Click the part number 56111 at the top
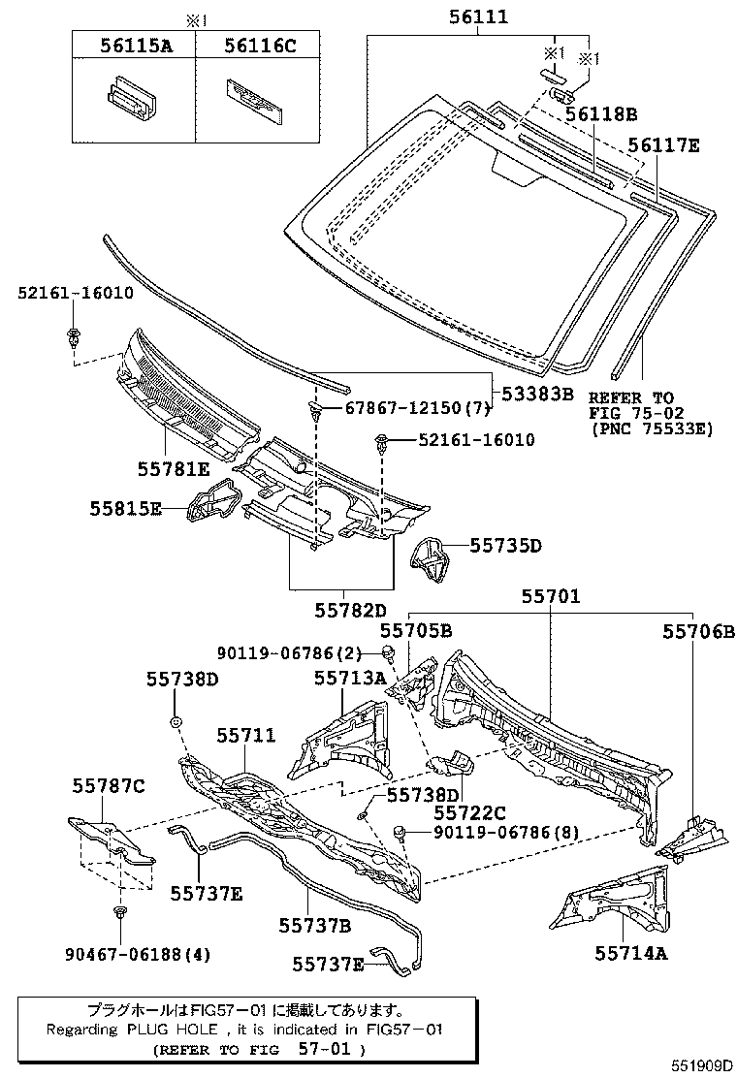click(x=479, y=17)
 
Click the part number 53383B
click(x=538, y=394)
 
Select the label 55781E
click(x=176, y=469)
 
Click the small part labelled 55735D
click(x=432, y=559)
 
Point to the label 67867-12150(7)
click(x=412, y=409)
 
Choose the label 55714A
click(x=631, y=953)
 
